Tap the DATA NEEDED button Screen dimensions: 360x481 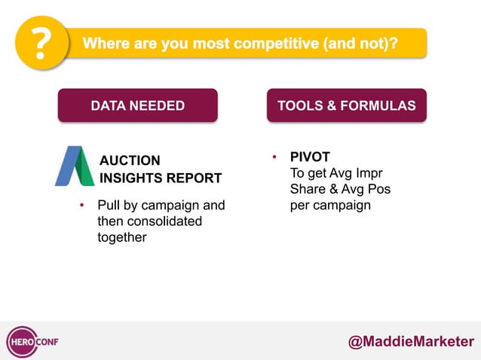point(137,105)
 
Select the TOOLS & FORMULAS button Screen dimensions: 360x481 point(346,105)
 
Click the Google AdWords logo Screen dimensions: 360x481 point(75,166)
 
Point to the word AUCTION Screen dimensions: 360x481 point(130,160)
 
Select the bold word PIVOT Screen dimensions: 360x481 point(310,157)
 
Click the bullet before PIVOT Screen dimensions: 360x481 point(275,157)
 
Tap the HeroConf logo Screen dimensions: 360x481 point(32,341)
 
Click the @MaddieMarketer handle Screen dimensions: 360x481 point(411,341)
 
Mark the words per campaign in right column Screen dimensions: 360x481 point(330,205)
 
